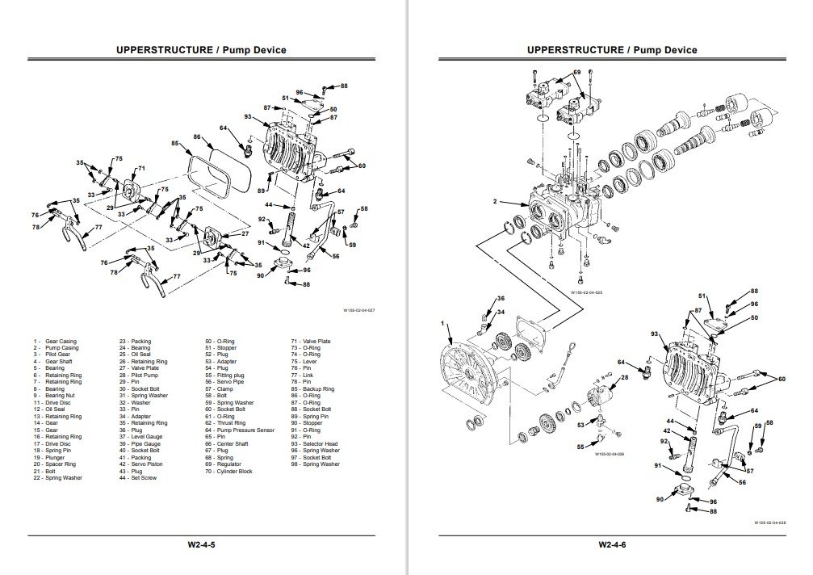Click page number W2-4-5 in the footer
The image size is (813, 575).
pos(201,544)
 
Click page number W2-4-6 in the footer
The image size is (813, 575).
pos(612,544)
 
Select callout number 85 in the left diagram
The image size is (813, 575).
pos(174,144)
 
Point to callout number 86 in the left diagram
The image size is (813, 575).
pos(196,137)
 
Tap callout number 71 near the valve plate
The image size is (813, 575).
pos(141,169)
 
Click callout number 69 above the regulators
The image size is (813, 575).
pos(576,73)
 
